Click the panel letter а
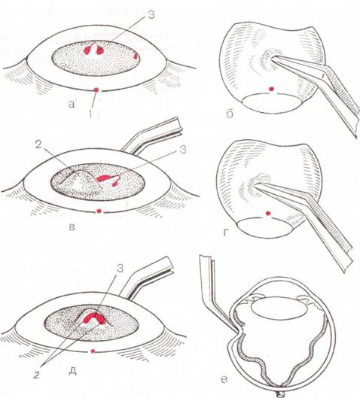click(72, 104)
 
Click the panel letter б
click(230, 114)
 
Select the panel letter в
click(72, 226)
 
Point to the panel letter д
click(72, 371)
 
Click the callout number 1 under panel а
click(90, 114)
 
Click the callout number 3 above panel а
click(151, 15)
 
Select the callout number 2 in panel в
click(38, 146)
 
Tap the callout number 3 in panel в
click(183, 150)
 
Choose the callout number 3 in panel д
click(120, 269)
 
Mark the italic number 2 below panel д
click(37, 375)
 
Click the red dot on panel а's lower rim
click(96, 90)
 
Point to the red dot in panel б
click(272, 89)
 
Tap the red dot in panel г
click(267, 213)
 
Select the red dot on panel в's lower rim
click(99, 211)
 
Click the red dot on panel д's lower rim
click(93, 351)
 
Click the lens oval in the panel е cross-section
click(278, 307)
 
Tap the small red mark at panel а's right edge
click(136, 56)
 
